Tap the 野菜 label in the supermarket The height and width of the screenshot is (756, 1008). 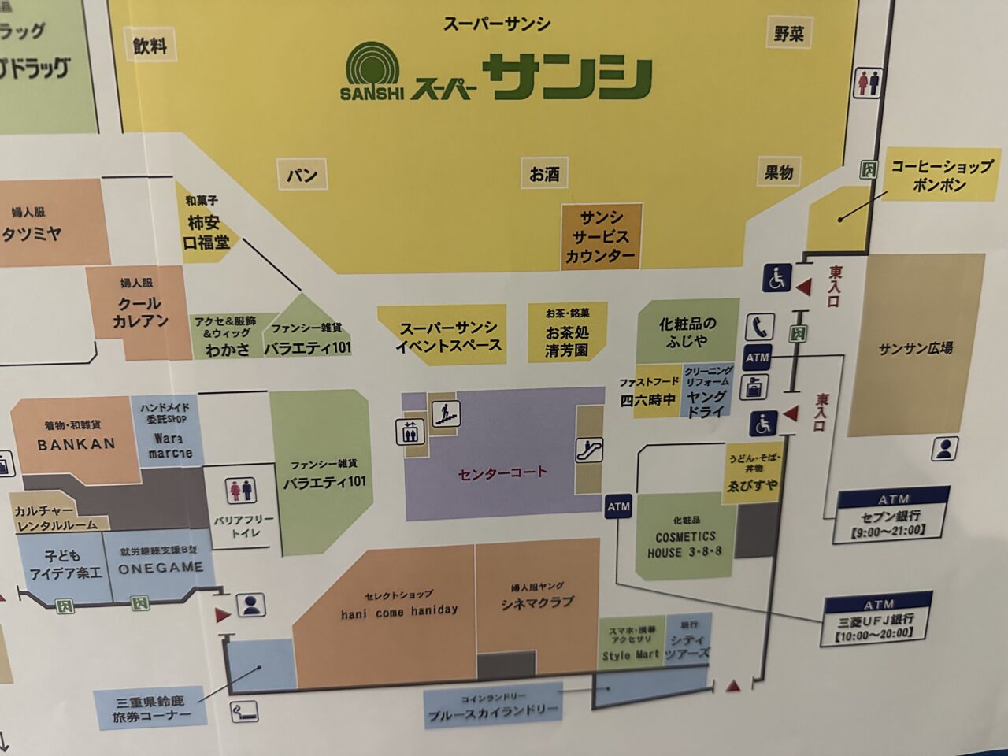(x=788, y=33)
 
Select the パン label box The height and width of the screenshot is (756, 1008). (x=302, y=174)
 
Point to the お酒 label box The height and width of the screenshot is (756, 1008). (x=544, y=173)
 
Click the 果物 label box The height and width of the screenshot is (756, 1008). (x=779, y=172)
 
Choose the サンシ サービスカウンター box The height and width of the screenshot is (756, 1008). (x=601, y=236)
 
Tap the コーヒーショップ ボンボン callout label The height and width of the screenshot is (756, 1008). (x=941, y=176)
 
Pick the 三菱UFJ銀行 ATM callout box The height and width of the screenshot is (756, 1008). (x=876, y=619)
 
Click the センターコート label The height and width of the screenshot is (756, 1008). (x=502, y=473)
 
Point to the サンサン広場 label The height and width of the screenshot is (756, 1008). (x=916, y=347)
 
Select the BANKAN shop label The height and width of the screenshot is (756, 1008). (x=76, y=443)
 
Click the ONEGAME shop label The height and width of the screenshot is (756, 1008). (x=161, y=567)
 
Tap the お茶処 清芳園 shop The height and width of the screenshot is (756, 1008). (x=566, y=334)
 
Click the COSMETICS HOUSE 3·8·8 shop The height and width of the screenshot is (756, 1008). (x=685, y=537)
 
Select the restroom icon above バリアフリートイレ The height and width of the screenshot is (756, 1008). (x=241, y=490)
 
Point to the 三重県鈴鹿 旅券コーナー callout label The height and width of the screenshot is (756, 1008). (x=151, y=709)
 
